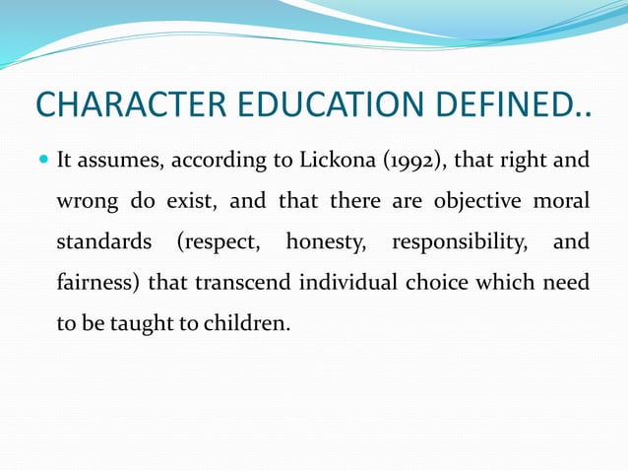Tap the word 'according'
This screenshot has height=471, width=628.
click(x=206, y=161)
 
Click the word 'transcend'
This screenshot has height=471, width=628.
click(x=238, y=283)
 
